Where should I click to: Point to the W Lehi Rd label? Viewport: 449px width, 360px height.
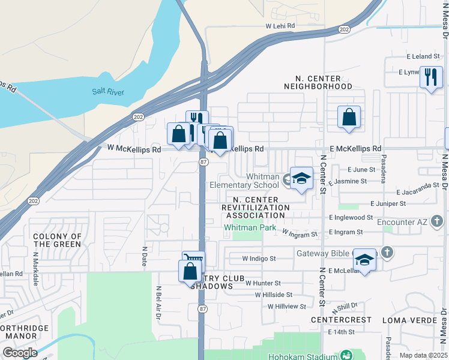(280, 26)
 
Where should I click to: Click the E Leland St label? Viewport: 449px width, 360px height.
(423, 56)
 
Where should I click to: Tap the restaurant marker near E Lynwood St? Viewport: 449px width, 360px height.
(431, 77)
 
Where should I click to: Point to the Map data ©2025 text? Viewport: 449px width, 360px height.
(423, 355)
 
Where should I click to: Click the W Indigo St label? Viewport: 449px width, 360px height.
(259, 259)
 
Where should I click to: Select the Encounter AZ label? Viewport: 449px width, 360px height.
(402, 221)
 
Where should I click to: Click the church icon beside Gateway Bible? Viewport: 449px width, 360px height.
(387, 253)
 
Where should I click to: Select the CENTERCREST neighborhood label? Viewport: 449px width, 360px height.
(341, 320)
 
